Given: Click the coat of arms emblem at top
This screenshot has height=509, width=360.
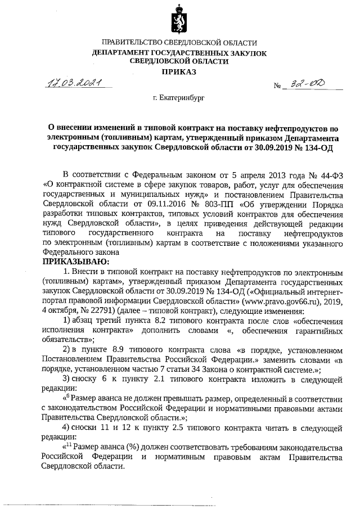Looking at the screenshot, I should pyautogui.click(x=179, y=20).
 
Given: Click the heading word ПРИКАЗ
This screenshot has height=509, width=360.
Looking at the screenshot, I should pyautogui.click(x=179, y=72).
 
